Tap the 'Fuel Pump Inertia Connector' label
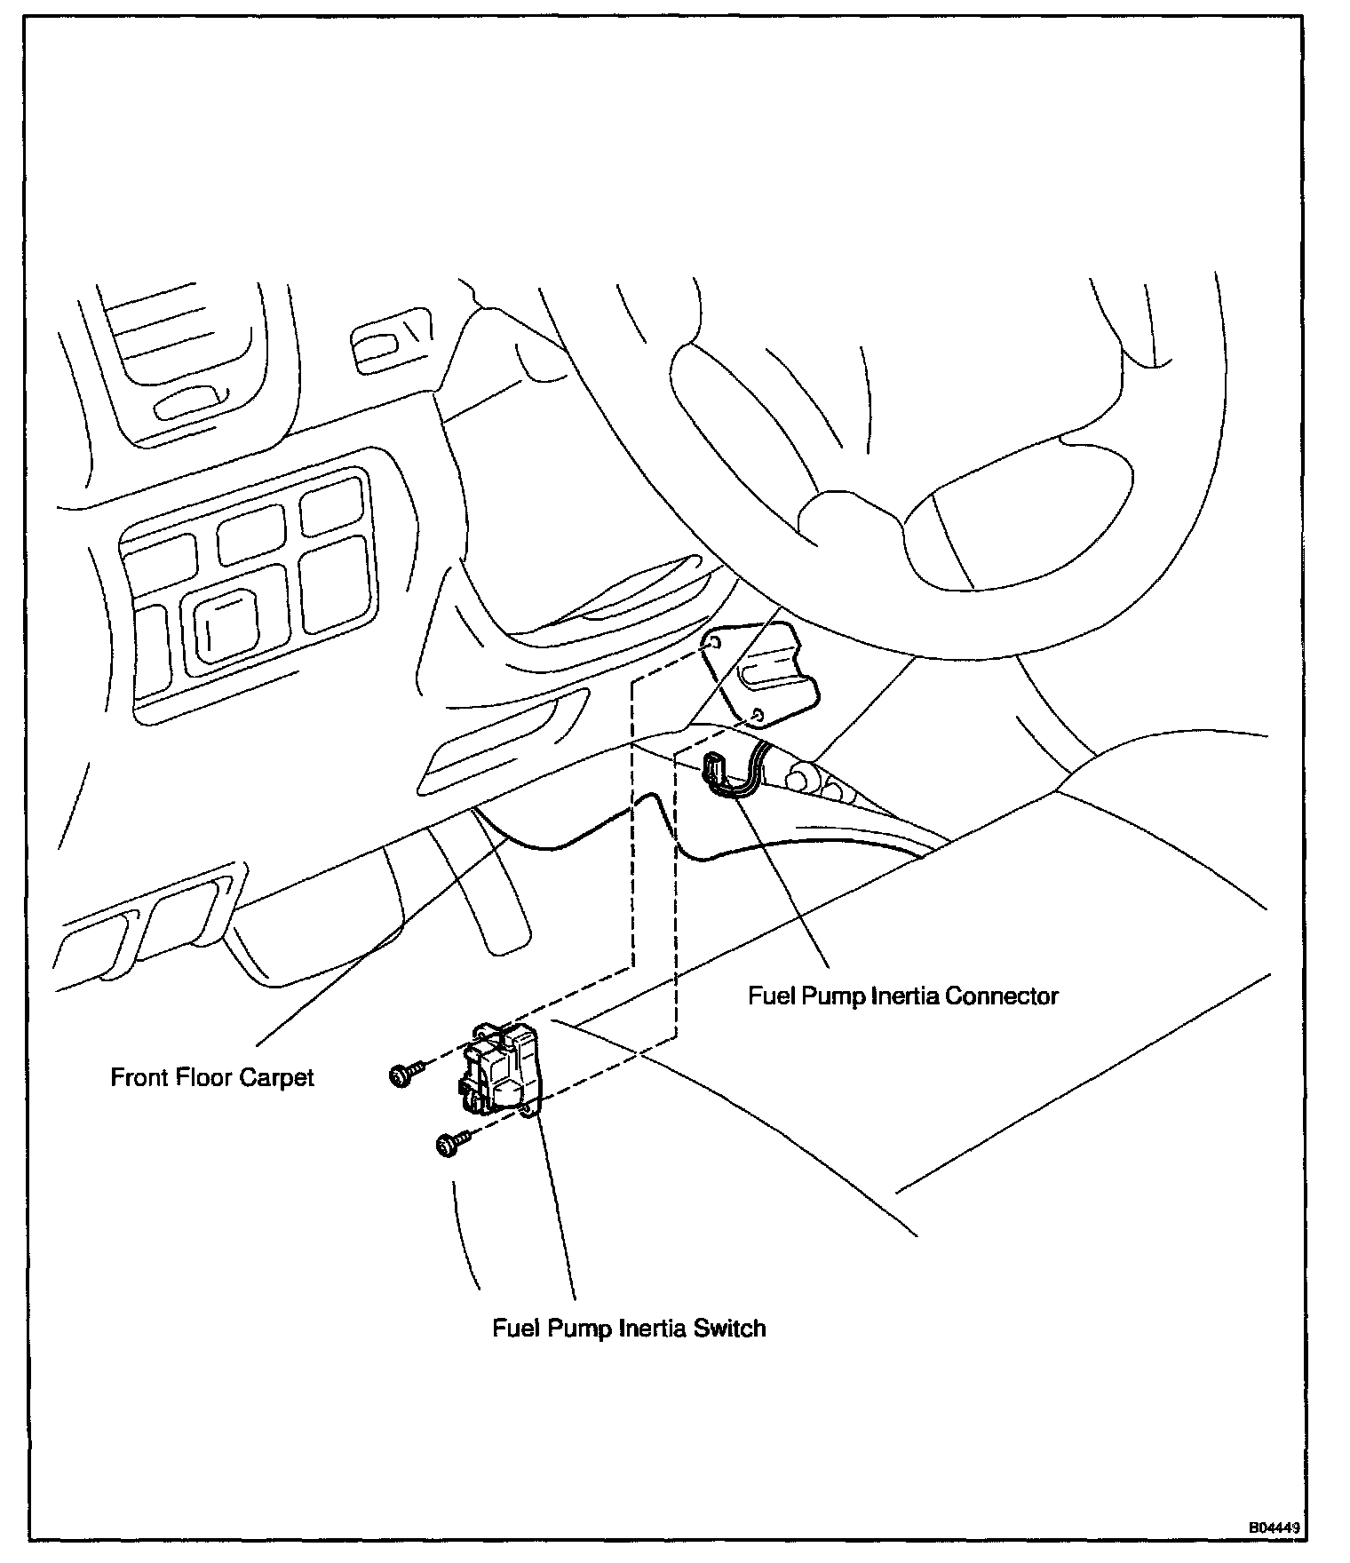[902, 996]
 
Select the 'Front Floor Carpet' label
[212, 1077]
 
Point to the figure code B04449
[1275, 1528]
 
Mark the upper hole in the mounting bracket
[713, 641]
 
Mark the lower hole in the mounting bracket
[757, 714]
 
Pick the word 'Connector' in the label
[1001, 996]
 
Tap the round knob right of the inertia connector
[798, 777]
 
